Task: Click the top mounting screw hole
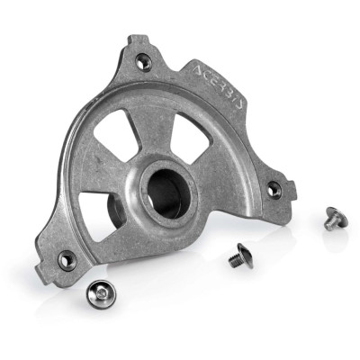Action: pyautogui.click(x=143, y=62)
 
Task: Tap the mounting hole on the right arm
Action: pyautogui.click(x=274, y=190)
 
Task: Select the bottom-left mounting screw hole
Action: pyautogui.click(x=67, y=260)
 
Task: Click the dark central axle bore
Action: pyautogui.click(x=168, y=193)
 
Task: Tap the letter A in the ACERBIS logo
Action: pyautogui.click(x=199, y=70)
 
